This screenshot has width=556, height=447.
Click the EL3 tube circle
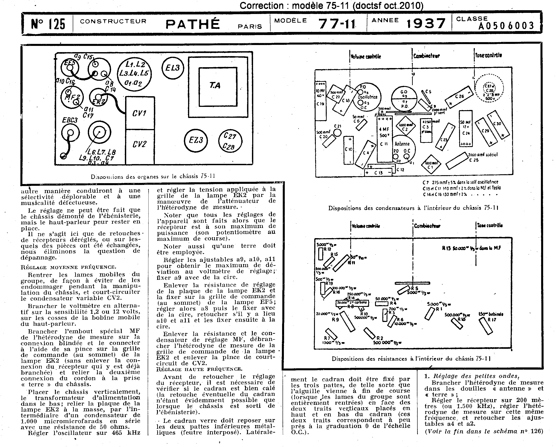tap(173, 68)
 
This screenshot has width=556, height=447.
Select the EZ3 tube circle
tap(196, 141)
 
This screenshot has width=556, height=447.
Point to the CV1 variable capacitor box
tap(140, 113)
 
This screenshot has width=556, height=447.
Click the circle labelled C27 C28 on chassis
tap(230, 141)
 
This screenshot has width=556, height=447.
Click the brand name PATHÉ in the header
tap(192, 24)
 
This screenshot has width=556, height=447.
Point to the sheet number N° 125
tap(48, 24)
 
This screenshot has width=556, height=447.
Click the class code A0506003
tap(506, 25)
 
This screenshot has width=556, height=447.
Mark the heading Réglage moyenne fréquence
tap(68, 267)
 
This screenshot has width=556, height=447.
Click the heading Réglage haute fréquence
tap(199, 369)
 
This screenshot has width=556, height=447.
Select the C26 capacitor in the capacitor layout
tap(459, 97)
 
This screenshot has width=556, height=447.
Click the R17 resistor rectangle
tap(486, 325)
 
